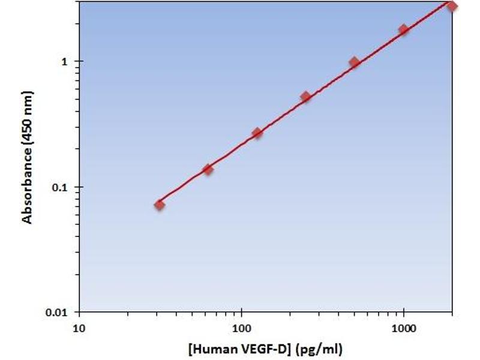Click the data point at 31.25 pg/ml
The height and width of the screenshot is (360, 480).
159,205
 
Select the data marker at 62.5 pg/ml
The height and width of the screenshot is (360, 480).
208,169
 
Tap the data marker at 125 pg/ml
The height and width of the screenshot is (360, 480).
257,133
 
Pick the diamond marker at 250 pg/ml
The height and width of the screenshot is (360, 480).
305,97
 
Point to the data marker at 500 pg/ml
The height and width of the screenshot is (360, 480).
354,62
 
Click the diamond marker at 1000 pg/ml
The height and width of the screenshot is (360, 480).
403,29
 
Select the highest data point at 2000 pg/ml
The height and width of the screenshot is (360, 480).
452,6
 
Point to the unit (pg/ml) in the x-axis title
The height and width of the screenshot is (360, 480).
317,349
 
